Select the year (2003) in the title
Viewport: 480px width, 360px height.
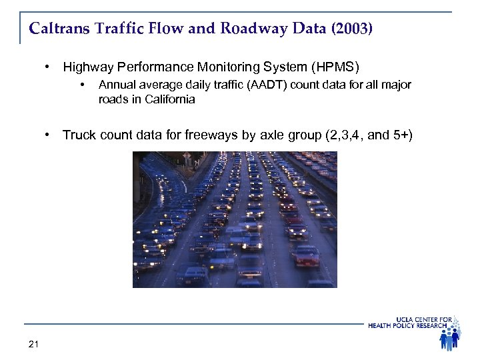pos(348,29)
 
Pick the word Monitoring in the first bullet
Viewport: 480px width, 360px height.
pos(218,67)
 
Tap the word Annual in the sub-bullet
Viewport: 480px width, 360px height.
pos(116,85)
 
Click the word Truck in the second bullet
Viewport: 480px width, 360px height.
pos(78,135)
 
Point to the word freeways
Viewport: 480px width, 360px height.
pos(215,135)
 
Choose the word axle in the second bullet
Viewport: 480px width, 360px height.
pos(271,135)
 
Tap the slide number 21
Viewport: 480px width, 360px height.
pos(34,344)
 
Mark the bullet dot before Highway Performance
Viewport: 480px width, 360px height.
pos(47,67)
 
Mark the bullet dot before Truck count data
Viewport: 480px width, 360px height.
pos(47,135)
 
